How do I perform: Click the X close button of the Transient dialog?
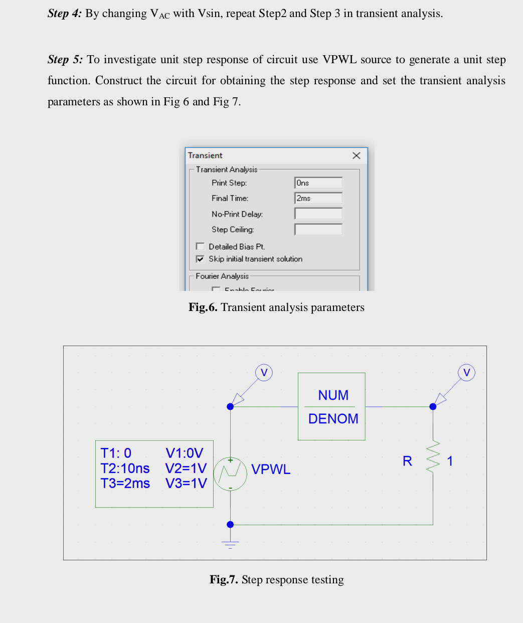click(x=357, y=155)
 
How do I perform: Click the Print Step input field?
click(x=318, y=183)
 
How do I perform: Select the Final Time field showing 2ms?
click(x=318, y=199)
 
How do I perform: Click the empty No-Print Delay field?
click(x=318, y=214)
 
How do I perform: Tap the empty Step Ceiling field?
click(x=318, y=230)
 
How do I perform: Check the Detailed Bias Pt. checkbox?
click(x=200, y=246)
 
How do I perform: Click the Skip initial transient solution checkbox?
click(x=200, y=259)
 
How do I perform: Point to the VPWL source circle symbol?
click(x=230, y=474)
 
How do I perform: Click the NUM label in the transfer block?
click(x=333, y=395)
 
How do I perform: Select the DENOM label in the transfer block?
click(x=333, y=419)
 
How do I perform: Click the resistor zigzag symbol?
click(x=433, y=457)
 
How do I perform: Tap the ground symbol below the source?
click(x=230, y=544)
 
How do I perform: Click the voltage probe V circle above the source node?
click(x=264, y=373)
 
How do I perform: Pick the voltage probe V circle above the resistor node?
click(x=466, y=373)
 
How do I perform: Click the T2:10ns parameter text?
click(x=125, y=469)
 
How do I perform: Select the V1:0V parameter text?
click(x=184, y=453)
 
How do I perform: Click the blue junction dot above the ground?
click(x=230, y=525)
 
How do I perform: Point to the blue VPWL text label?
click(x=271, y=470)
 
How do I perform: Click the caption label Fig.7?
click(x=224, y=580)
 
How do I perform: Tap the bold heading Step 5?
click(x=65, y=60)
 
